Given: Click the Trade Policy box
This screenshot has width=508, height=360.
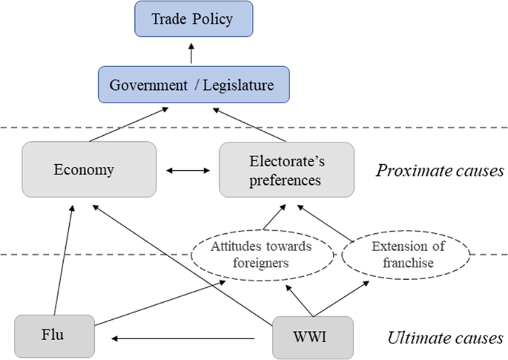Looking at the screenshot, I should click(191, 19).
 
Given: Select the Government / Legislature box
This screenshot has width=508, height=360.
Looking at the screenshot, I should click(191, 85).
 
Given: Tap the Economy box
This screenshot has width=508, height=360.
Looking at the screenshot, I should click(90, 170).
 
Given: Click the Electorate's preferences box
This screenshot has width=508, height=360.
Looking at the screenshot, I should click(286, 170).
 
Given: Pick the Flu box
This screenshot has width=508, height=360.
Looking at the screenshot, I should click(54, 338).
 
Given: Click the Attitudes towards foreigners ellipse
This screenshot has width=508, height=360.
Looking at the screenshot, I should click(260, 255).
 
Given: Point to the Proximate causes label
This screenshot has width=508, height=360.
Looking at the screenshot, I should click(439, 171).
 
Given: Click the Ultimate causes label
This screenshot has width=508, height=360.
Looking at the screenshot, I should click(443, 339).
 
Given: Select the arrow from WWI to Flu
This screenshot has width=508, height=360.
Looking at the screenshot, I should click(185, 338).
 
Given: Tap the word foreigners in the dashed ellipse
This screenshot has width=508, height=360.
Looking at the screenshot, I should click(260, 262).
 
